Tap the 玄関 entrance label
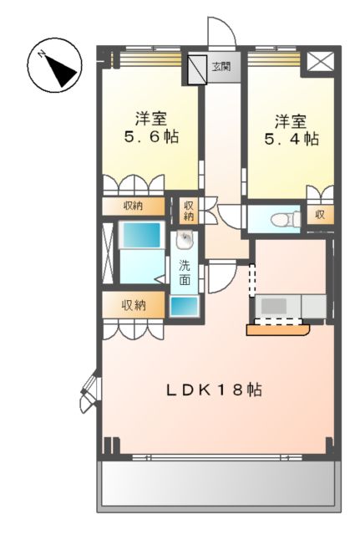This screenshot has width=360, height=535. tap(221, 66)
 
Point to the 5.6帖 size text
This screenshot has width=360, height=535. tap(151, 136)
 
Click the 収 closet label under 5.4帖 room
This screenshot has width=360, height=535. tap(319, 215)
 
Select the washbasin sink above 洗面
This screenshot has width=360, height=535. tap(185, 243)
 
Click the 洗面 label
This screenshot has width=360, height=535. tap(185, 273)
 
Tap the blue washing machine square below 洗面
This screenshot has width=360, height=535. tap(184, 305)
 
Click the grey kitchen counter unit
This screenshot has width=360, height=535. tap(288, 306)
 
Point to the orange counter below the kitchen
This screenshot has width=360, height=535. tap(277, 329)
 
